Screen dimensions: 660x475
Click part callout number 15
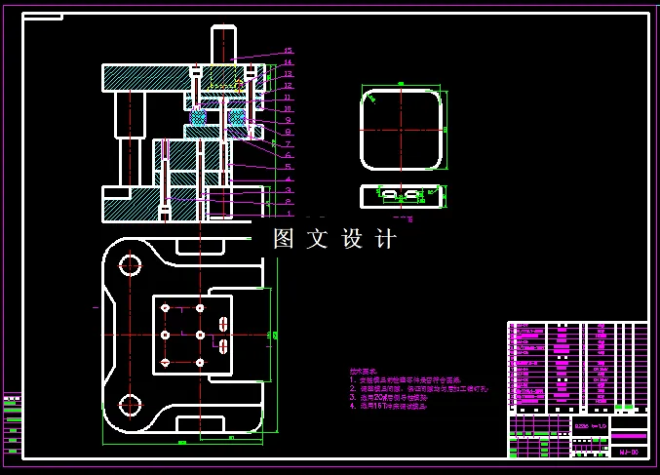pos(289,51)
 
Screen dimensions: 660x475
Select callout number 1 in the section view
pos(289,212)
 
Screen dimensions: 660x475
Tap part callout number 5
pos(289,167)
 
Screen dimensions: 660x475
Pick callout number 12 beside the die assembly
pos(289,85)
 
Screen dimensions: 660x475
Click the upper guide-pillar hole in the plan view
pos(128,263)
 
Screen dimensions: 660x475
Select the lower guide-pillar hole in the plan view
pos(128,405)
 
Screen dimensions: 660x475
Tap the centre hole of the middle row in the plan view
pos(200,335)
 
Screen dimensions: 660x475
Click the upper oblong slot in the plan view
pos(223,324)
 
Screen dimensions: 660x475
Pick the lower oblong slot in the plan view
pos(223,345)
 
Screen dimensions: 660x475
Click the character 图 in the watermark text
pos(284,239)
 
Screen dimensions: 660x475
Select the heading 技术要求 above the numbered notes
pos(362,372)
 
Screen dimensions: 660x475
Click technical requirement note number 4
pos(390,406)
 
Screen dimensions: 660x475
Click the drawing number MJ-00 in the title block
pos(629,453)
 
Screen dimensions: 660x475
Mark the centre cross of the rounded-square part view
pos(402,129)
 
